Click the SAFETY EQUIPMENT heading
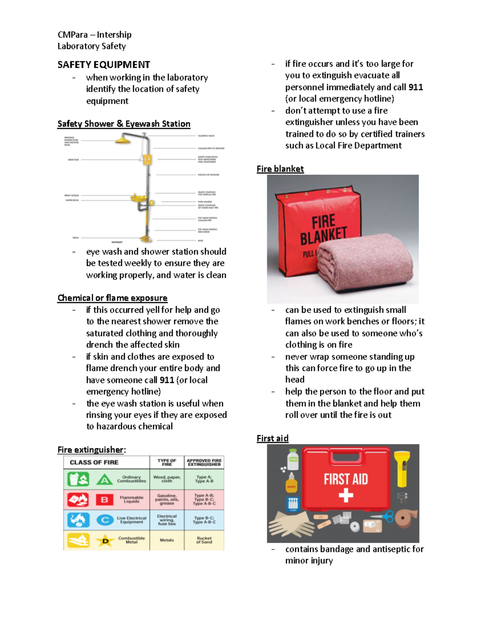click(103, 65)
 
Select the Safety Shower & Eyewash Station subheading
click(124, 124)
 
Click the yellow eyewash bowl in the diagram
click(139, 198)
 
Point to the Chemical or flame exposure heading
click(112, 298)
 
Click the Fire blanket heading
click(280, 169)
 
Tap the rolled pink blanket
click(364, 263)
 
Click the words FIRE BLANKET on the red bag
click(323, 230)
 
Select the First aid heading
click(272, 438)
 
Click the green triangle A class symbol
click(104, 480)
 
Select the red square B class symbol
click(104, 500)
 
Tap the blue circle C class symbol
click(105, 520)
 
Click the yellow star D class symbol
click(105, 540)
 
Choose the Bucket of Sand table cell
click(204, 540)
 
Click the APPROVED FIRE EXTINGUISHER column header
click(204, 462)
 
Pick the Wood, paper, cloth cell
click(167, 479)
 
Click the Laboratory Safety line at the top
click(92, 46)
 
